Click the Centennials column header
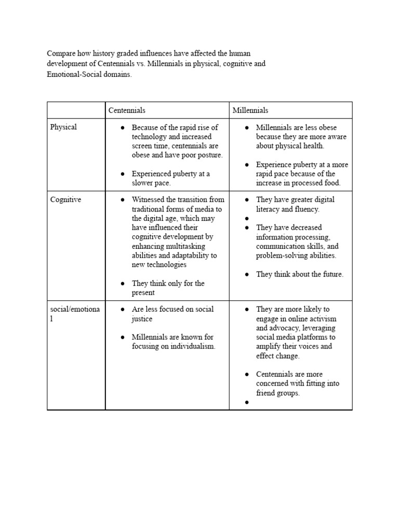pos(127,110)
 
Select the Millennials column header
pos(250,110)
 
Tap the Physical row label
pos(63,127)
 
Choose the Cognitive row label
pos(65,199)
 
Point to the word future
pos(330,274)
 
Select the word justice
pos(142,318)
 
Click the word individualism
pos(189,347)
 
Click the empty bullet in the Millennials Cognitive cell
pos(248,219)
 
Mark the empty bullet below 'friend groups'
pos(248,403)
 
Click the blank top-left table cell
pos(76,110)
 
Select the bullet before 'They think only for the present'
pos(122,284)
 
